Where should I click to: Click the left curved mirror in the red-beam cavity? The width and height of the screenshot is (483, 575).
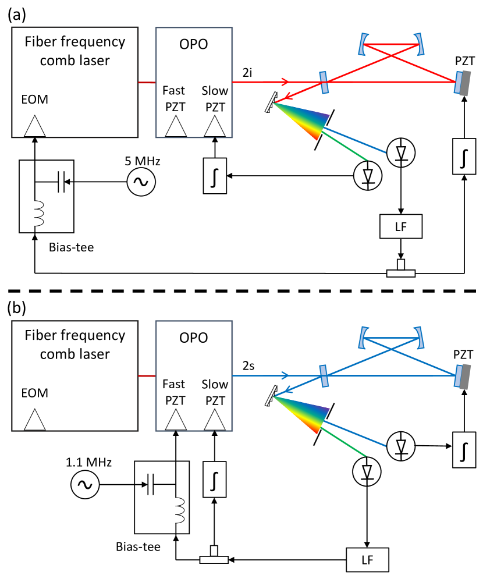(x=367, y=45)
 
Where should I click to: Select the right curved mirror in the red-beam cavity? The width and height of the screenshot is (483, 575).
(x=414, y=45)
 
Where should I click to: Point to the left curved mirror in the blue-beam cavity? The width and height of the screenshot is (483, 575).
(x=367, y=338)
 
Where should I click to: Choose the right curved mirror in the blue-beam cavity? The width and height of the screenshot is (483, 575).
(x=414, y=338)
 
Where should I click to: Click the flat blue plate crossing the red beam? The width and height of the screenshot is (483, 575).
(x=324, y=82)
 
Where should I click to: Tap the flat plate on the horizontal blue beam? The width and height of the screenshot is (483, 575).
(x=324, y=375)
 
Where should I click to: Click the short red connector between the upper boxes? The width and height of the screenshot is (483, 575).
(x=147, y=83)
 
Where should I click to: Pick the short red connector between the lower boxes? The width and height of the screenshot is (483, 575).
(x=147, y=376)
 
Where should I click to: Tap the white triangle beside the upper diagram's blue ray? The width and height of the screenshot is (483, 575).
(x=401, y=152)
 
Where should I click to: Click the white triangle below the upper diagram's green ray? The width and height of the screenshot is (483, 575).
(x=368, y=175)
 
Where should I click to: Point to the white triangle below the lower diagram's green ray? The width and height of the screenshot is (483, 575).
(x=367, y=471)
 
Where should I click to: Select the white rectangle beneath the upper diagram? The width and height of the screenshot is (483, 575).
(x=28, y=213)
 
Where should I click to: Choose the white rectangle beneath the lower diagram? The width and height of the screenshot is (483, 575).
(x=169, y=510)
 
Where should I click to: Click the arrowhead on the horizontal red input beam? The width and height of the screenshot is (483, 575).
(x=285, y=82)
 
